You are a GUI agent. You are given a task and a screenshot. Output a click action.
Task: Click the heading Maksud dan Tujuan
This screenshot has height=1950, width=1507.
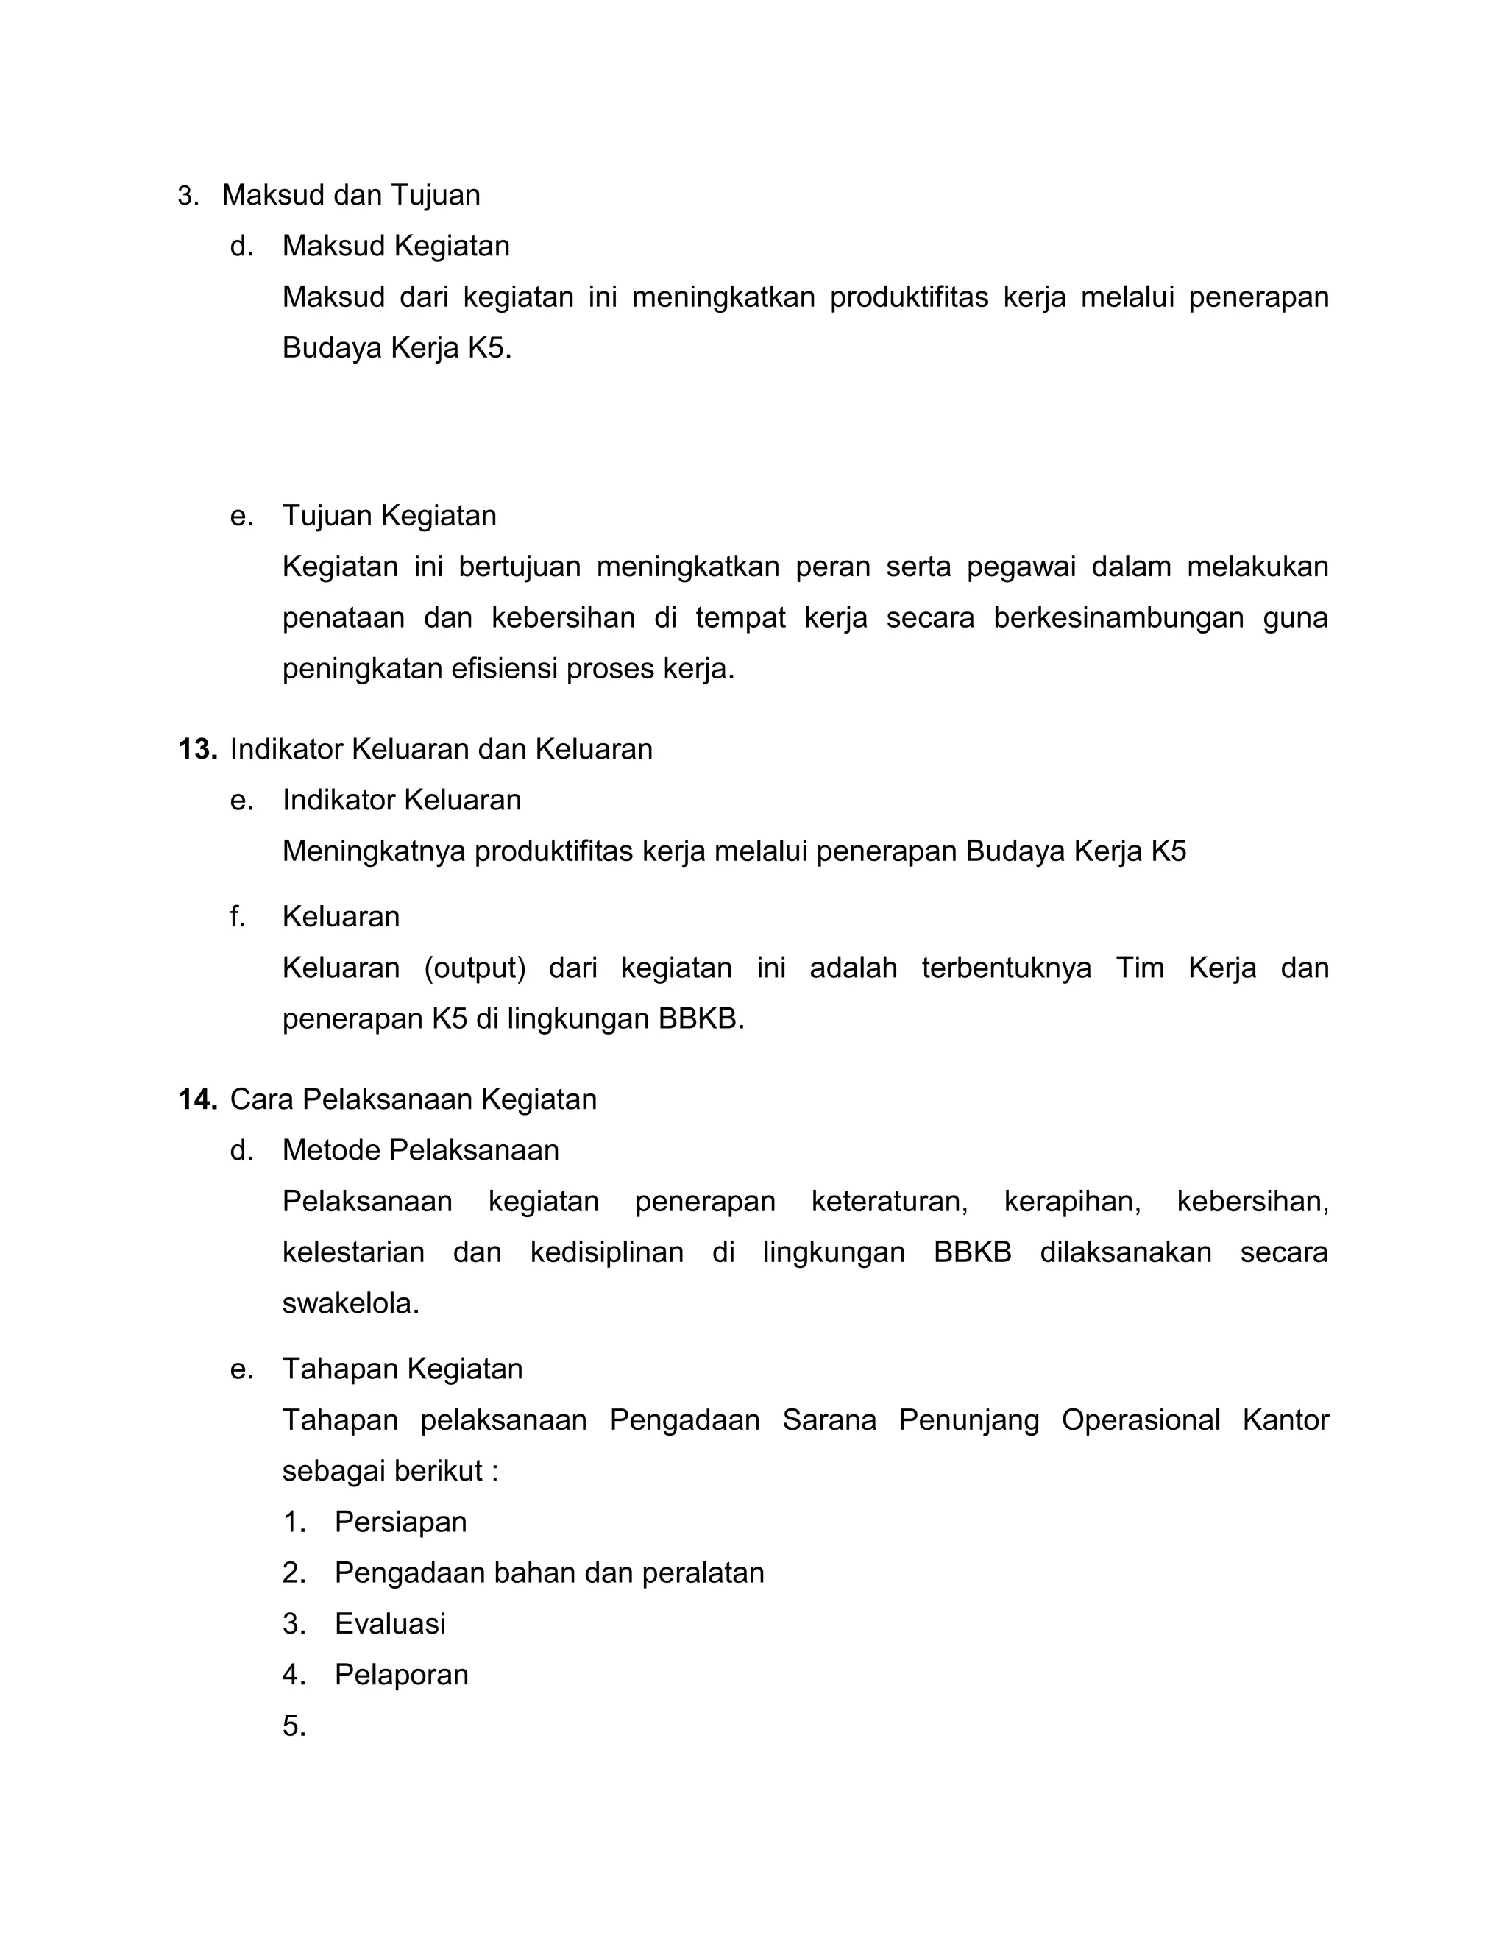click(350, 195)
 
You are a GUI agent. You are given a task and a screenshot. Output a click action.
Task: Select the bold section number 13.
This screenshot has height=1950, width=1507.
click(197, 749)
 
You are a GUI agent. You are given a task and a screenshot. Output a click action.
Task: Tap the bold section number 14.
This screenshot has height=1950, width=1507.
click(197, 1099)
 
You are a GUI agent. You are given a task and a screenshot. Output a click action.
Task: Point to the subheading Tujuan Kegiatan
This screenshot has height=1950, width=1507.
click(389, 516)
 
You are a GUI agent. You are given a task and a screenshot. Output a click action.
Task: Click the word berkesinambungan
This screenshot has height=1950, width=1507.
click(1118, 618)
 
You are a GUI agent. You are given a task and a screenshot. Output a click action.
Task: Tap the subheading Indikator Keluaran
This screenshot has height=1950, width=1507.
click(402, 800)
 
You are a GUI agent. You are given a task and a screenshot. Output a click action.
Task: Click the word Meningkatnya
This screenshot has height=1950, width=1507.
click(374, 852)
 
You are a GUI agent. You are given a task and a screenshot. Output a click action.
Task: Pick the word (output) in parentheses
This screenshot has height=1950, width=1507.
click(474, 968)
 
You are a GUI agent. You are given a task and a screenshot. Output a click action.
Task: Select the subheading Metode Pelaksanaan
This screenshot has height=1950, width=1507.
click(420, 1150)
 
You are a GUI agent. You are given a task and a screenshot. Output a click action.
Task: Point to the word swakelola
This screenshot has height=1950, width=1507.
click(350, 1304)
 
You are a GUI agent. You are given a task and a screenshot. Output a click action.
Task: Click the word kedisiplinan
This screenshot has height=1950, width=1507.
click(606, 1252)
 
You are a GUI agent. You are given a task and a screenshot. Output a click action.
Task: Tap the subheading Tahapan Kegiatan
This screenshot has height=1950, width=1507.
click(402, 1369)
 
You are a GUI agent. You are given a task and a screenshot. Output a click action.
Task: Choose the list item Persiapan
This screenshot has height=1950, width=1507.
click(400, 1522)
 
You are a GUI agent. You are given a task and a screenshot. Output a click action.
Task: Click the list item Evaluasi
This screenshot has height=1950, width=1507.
click(389, 1623)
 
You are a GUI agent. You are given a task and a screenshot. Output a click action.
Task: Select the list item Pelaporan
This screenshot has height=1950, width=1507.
click(401, 1674)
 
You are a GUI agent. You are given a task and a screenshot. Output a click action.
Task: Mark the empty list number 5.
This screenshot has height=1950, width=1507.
click(294, 1726)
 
